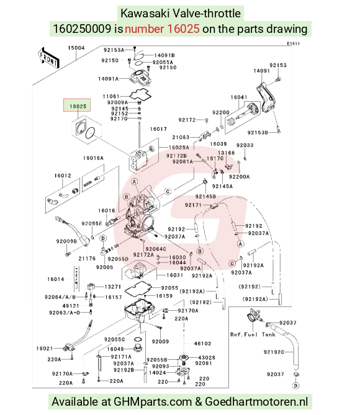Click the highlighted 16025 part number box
(x=77, y=105)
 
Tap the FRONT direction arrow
(x=48, y=58)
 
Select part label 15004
(x=76, y=48)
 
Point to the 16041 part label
(x=239, y=97)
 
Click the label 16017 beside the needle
(x=158, y=129)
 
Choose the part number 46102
(x=202, y=344)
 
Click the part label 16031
(x=175, y=275)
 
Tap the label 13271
(x=112, y=287)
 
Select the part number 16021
(x=45, y=349)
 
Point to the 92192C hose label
(x=274, y=352)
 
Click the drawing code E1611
(x=293, y=43)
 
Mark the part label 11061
(x=111, y=96)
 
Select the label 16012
(x=63, y=176)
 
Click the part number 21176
(x=87, y=258)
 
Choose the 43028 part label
(x=207, y=357)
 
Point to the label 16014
(x=56, y=279)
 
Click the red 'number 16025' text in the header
(x=162, y=29)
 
